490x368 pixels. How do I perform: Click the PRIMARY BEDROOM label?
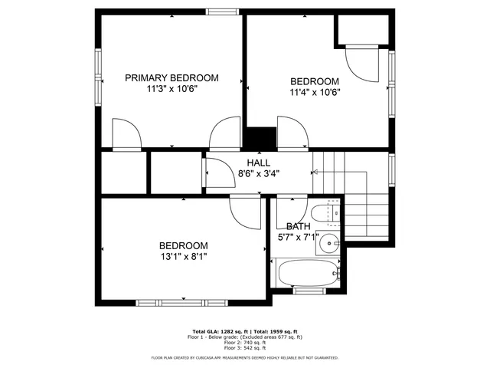coord(171,77)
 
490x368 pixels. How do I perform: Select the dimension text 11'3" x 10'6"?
coord(171,89)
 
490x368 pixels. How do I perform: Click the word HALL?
coord(258,163)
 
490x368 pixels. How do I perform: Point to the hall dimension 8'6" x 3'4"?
coord(258,173)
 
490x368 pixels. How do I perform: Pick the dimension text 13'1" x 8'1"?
coord(183,257)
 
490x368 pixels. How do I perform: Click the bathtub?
coord(306,272)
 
